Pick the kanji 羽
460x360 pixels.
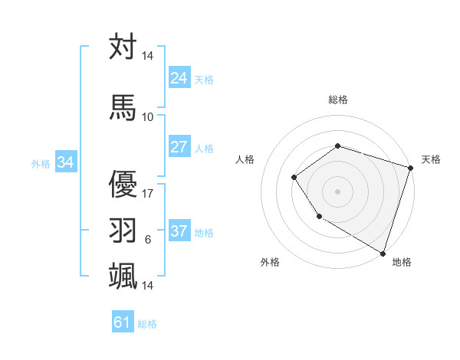click(x=123, y=229)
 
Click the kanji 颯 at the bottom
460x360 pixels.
click(x=123, y=275)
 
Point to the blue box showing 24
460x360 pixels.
click(x=179, y=77)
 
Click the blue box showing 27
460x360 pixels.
click(x=179, y=147)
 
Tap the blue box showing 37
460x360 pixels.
click(x=179, y=231)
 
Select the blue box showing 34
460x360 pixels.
click(x=65, y=162)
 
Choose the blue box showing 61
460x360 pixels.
click(x=123, y=322)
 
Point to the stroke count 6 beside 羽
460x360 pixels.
click(x=148, y=240)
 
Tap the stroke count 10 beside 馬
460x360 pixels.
click(x=148, y=116)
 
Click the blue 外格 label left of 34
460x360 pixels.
click(x=41, y=163)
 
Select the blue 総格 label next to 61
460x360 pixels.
click(x=147, y=324)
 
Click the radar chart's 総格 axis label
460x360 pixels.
click(x=338, y=100)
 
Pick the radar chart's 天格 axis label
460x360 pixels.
click(x=431, y=159)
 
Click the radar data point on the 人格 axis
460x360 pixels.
click(x=294, y=178)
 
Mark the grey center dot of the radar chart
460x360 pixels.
click(x=338, y=191)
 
